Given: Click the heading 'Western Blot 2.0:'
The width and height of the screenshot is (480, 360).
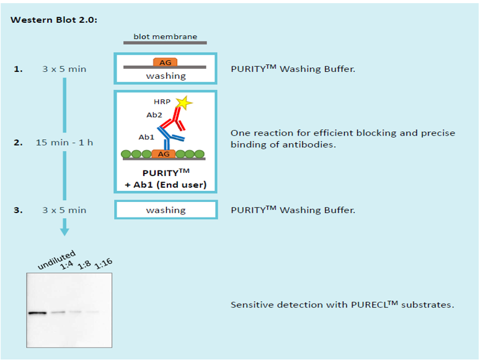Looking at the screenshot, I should pos(54,20).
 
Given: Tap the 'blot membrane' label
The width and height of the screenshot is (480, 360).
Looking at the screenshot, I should pos(165,37).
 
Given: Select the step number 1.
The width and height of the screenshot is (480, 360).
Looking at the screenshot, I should pos(18,69).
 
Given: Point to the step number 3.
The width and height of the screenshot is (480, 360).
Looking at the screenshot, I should pos(18,210).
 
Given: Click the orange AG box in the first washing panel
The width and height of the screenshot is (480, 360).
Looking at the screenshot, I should pos(166,63).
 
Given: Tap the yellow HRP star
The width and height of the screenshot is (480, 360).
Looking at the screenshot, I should pos(184,103).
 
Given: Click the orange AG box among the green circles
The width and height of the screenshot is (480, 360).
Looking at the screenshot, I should pos(164,154).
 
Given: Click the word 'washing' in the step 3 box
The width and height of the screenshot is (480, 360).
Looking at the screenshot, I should pos(166,210).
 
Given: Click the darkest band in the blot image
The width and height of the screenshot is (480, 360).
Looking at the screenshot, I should pos(38,313).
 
